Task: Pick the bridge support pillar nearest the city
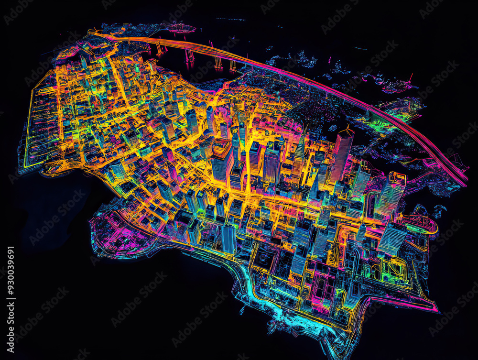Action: pos(158,48)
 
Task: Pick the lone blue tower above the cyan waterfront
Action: pos(228,239)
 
